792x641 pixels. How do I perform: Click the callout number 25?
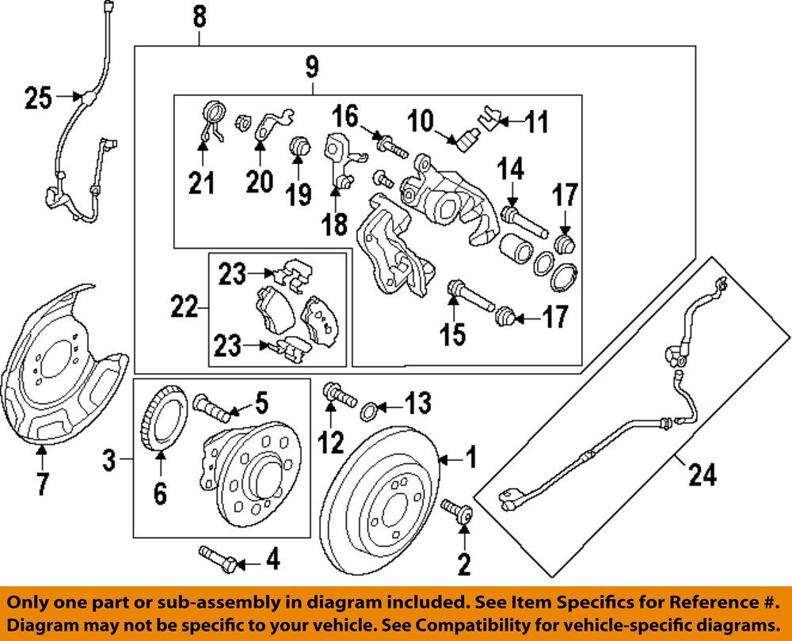(37, 99)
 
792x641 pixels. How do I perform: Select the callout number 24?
(702, 475)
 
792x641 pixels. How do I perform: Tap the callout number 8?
(200, 14)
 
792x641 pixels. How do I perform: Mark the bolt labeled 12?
(334, 393)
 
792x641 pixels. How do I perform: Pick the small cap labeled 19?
(299, 148)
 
